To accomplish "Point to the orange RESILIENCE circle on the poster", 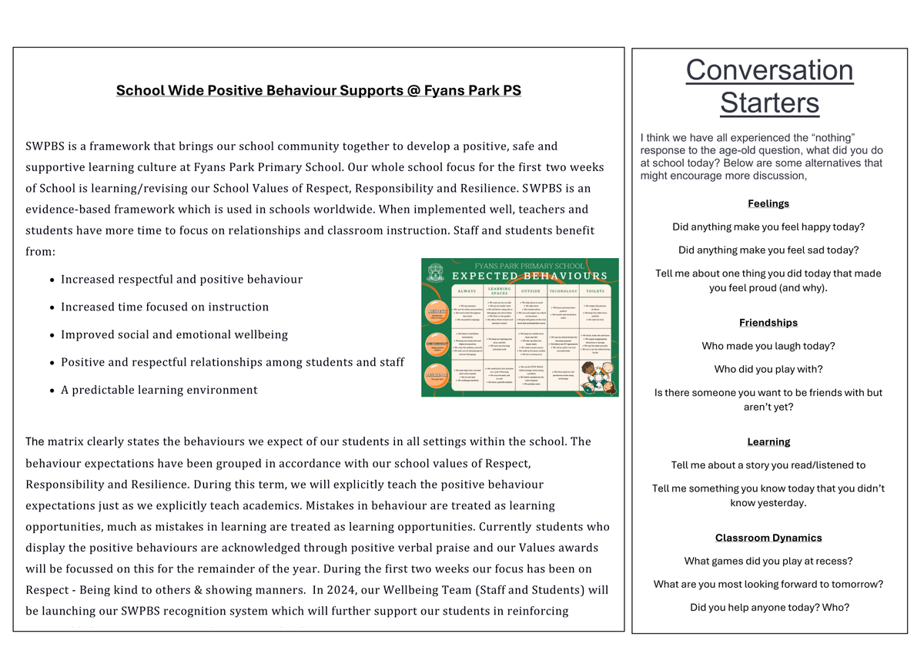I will click(436, 375).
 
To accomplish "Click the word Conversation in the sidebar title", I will click(769, 70).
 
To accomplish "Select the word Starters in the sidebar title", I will click(769, 102).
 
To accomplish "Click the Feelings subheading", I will click(768, 204).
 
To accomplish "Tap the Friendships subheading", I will click(768, 323).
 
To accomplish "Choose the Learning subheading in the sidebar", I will click(768, 442).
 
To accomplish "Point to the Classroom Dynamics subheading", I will click(768, 538).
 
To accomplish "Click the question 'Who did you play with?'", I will click(768, 369).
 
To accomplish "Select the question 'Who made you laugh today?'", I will click(768, 346).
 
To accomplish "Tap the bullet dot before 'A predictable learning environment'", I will click(51, 391).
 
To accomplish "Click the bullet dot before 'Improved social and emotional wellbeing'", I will click(51, 335).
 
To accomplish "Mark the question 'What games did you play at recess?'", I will click(768, 561).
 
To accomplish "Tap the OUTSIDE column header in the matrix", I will click(531, 292).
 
